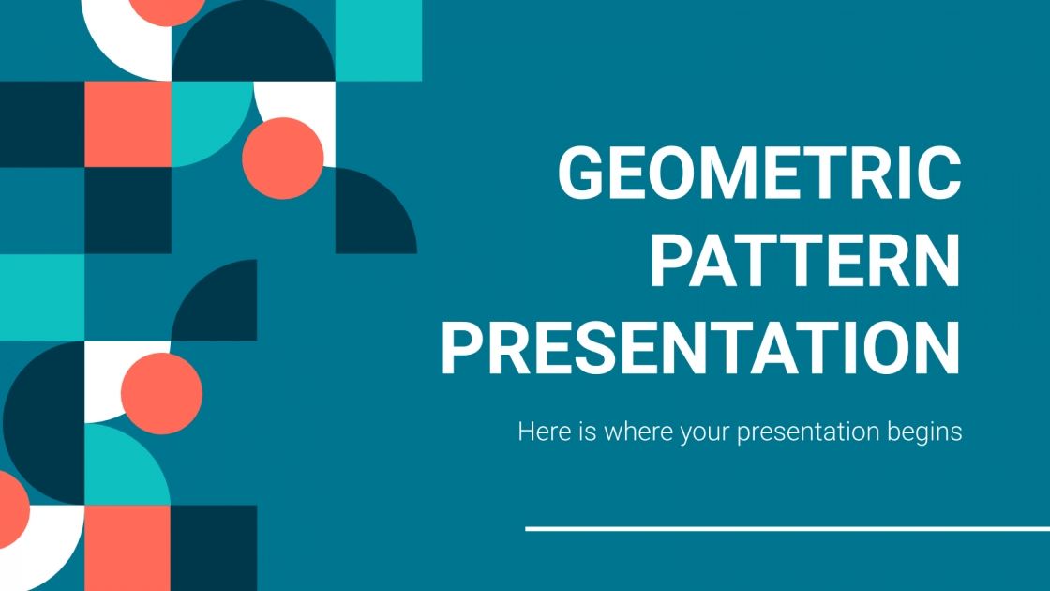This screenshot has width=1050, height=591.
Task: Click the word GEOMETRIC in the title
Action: (x=759, y=174)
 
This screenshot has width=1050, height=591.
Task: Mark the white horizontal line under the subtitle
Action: (x=787, y=529)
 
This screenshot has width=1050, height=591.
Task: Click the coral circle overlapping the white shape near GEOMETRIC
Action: (x=282, y=158)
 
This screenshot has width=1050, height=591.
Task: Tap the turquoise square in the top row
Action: (x=378, y=39)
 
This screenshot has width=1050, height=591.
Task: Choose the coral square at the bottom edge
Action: (x=127, y=548)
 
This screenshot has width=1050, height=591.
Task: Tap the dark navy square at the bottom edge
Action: (x=214, y=548)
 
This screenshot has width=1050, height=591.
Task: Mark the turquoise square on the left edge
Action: (x=42, y=297)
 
